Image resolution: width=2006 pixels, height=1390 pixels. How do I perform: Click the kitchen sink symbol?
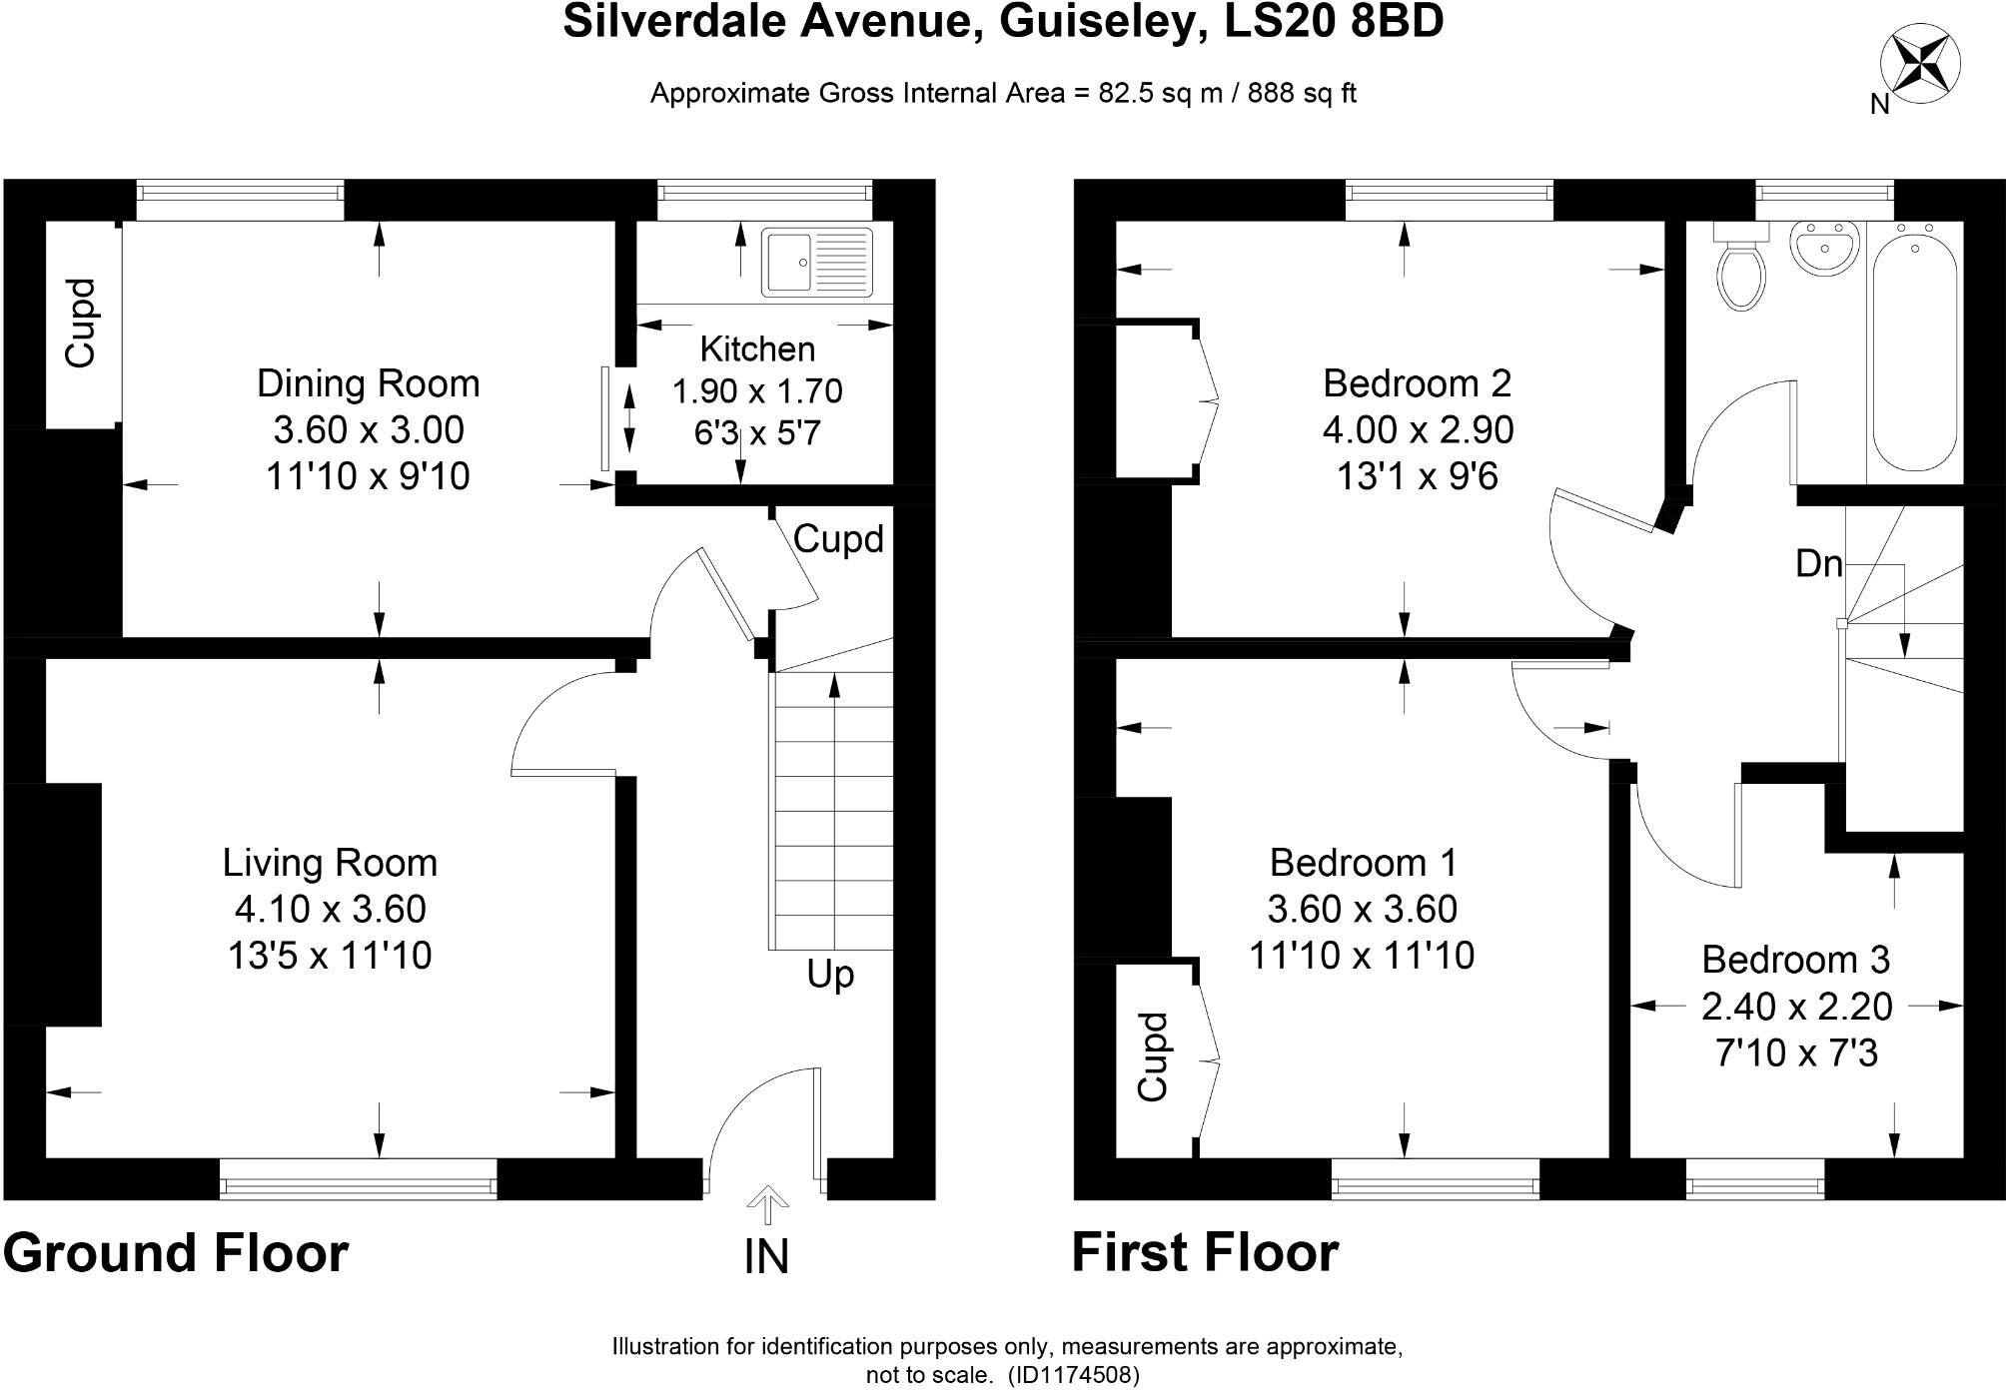(x=816, y=263)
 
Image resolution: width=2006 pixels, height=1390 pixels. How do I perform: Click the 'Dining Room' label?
(x=368, y=383)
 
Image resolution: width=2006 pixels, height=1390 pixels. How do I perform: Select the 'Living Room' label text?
(x=330, y=863)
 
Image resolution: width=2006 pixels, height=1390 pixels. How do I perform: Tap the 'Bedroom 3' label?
(x=1795, y=960)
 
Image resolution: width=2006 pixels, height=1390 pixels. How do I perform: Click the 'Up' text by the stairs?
(x=830, y=975)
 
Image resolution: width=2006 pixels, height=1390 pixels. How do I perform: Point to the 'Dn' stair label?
(x=1818, y=564)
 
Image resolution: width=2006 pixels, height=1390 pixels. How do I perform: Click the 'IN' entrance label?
(x=766, y=1257)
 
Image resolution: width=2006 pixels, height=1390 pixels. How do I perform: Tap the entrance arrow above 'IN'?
(x=767, y=1204)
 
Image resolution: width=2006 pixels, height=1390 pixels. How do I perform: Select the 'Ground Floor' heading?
(x=176, y=1253)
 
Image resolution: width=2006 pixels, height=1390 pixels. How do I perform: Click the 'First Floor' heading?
(x=1204, y=1253)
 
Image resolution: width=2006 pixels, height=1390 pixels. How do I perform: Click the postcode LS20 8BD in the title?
(x=1334, y=22)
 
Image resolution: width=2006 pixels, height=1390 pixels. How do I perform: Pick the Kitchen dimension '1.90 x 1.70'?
(x=757, y=391)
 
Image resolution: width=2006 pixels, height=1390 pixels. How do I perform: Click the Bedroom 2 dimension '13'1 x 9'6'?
(x=1417, y=477)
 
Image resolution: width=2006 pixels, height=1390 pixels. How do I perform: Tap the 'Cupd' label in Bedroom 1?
(x=1153, y=1057)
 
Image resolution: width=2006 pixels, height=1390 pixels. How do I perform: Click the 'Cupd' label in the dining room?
(x=81, y=323)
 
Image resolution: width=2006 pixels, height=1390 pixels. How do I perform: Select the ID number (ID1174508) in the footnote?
(x=1073, y=1375)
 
